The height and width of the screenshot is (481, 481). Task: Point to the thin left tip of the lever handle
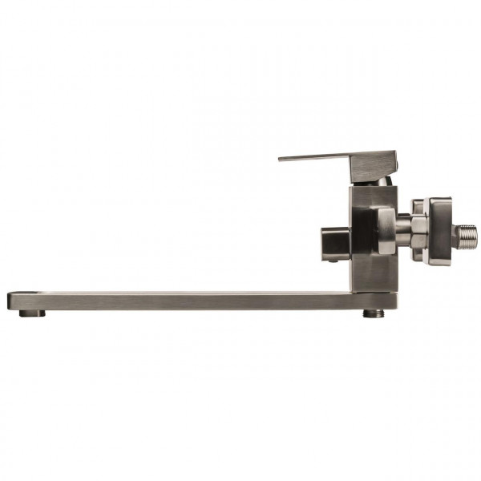(282, 159)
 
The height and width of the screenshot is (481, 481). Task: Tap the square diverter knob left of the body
(335, 240)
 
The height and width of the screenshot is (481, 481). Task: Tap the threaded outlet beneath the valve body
(371, 313)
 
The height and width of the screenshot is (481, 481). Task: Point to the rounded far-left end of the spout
(10, 301)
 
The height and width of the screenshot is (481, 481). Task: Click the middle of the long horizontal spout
(176, 300)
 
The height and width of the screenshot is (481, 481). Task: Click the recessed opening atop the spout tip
(24, 293)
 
